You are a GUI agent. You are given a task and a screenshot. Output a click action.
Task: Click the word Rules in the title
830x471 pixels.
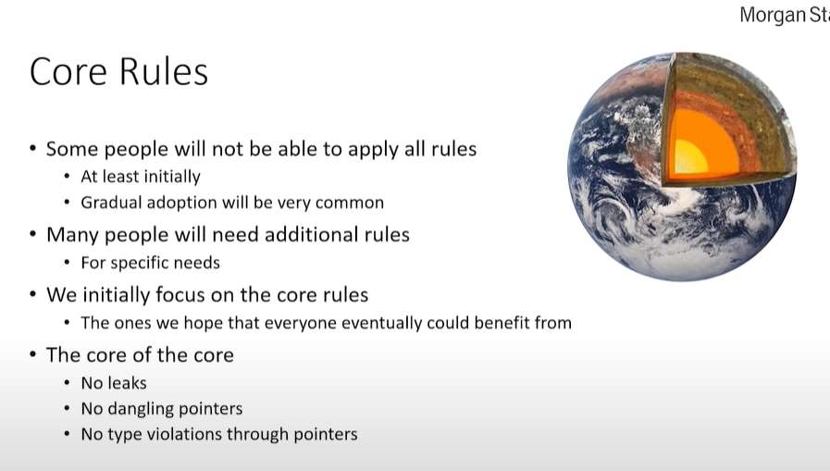164,71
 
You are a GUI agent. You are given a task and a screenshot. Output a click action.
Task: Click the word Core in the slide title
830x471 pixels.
68,71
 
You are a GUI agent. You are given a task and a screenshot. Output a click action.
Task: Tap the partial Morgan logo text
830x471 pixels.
785,15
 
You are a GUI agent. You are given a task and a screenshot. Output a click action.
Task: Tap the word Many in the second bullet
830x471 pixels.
72,235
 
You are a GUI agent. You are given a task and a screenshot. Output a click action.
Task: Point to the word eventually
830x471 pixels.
381,323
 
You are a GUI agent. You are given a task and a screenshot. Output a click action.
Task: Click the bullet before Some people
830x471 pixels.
32,148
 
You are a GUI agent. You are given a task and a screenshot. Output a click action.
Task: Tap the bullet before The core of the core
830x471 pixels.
32,354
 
